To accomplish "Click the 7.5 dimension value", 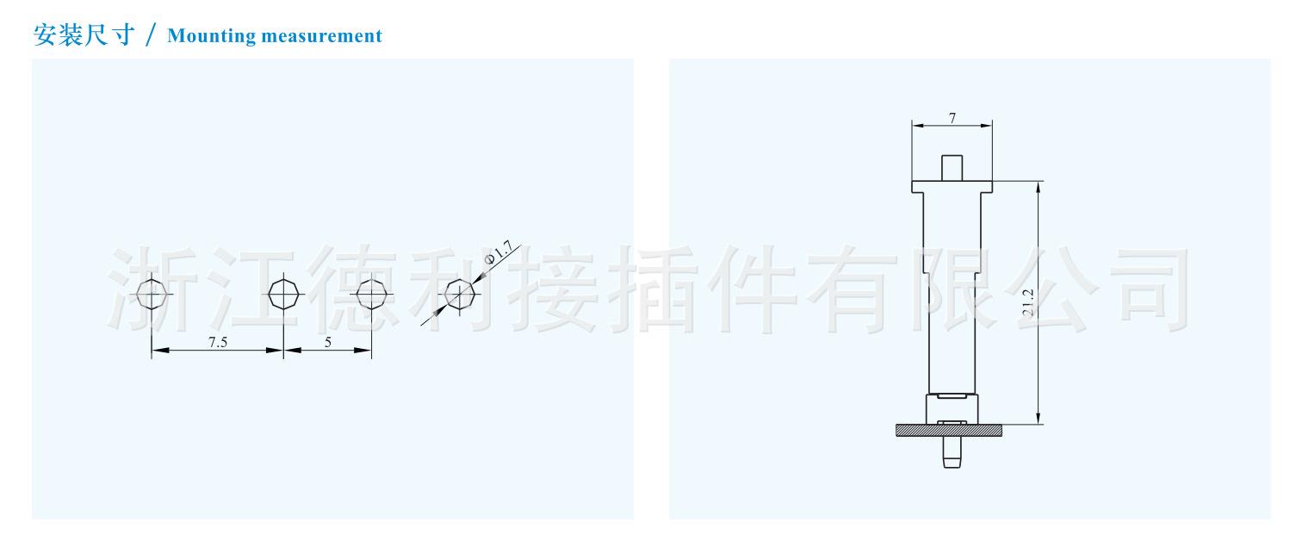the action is tap(218, 342).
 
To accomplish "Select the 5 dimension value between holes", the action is tap(328, 342).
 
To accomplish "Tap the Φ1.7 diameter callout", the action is tap(499, 253).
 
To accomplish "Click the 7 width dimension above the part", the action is tap(952, 118).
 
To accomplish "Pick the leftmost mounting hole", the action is tap(152, 295).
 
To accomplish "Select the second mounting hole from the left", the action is tap(283, 295).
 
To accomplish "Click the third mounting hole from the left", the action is tap(371, 295).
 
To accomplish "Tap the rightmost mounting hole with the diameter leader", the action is tap(459, 295).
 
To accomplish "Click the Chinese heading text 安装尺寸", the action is tap(83, 35).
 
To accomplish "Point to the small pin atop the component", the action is tap(952, 168).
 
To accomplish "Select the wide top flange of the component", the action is tap(952, 186).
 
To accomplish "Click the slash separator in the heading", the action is tap(152, 36).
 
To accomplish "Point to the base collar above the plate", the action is tap(952, 407).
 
